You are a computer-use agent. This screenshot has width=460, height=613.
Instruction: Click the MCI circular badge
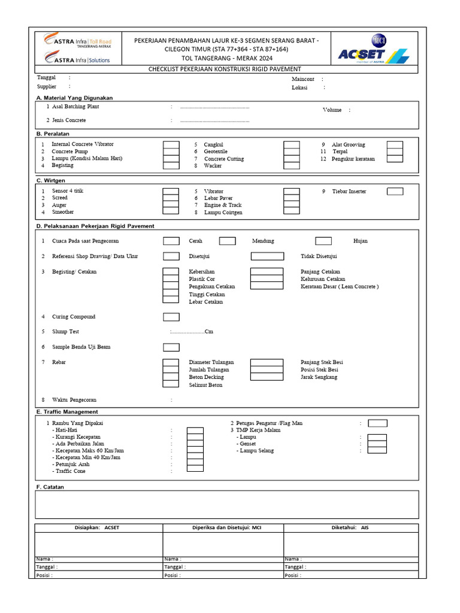379,40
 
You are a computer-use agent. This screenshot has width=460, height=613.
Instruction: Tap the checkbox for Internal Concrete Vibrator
171,145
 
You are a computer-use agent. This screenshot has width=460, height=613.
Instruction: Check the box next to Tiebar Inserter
395,192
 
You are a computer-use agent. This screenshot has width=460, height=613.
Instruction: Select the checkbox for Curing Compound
171,317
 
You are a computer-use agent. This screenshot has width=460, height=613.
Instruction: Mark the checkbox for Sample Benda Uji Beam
171,347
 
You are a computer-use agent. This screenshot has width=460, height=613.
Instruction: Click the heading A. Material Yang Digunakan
74,98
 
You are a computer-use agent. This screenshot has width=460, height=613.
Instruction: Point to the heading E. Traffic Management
67,412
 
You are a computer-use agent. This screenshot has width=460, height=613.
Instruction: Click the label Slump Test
65,332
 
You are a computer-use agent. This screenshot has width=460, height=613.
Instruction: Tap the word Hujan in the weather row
361,241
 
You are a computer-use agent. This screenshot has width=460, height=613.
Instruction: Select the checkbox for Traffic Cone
195,471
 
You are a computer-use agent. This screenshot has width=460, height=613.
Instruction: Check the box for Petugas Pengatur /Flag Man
377,423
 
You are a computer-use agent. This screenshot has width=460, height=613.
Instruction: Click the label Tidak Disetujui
319,256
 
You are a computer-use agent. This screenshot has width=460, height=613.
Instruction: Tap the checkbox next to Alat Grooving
395,145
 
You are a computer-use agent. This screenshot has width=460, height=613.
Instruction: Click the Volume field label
332,110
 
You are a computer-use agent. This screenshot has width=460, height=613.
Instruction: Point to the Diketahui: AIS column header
350,528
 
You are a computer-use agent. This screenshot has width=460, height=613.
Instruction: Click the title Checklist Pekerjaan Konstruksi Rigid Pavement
225,69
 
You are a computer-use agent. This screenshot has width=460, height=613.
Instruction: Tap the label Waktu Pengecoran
74,400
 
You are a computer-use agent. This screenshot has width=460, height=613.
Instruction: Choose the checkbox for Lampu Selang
377,451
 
